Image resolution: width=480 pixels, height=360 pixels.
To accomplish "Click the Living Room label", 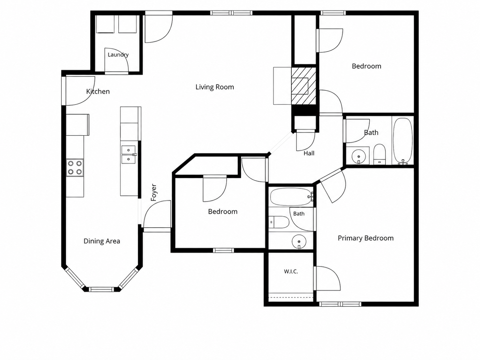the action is (x=214, y=87).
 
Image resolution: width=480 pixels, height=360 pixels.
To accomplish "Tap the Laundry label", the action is (x=118, y=55).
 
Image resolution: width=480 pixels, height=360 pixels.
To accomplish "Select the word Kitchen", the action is (x=98, y=91).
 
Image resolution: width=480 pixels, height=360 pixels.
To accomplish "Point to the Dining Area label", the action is (x=102, y=241).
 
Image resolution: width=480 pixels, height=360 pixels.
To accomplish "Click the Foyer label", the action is (x=154, y=192).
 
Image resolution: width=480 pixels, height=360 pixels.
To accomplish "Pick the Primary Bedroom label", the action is (x=365, y=238).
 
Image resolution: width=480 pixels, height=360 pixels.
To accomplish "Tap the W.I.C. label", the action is (x=291, y=271).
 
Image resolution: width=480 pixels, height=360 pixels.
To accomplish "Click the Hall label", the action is (x=309, y=153).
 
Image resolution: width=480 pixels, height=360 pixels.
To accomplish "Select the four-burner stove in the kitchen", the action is (x=75, y=167).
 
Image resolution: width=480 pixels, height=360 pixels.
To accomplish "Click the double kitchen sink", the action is (x=128, y=155).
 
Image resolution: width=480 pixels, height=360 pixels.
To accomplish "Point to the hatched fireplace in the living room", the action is (x=304, y=86).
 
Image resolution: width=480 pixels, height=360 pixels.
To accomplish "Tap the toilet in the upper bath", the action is (x=379, y=154).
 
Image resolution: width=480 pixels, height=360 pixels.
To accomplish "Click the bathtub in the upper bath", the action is (x=403, y=141).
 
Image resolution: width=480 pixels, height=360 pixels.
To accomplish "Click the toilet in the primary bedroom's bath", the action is (x=279, y=222).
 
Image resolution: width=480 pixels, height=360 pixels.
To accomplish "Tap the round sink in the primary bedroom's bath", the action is (x=299, y=242).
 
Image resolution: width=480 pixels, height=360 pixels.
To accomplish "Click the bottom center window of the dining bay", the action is (x=102, y=289).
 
